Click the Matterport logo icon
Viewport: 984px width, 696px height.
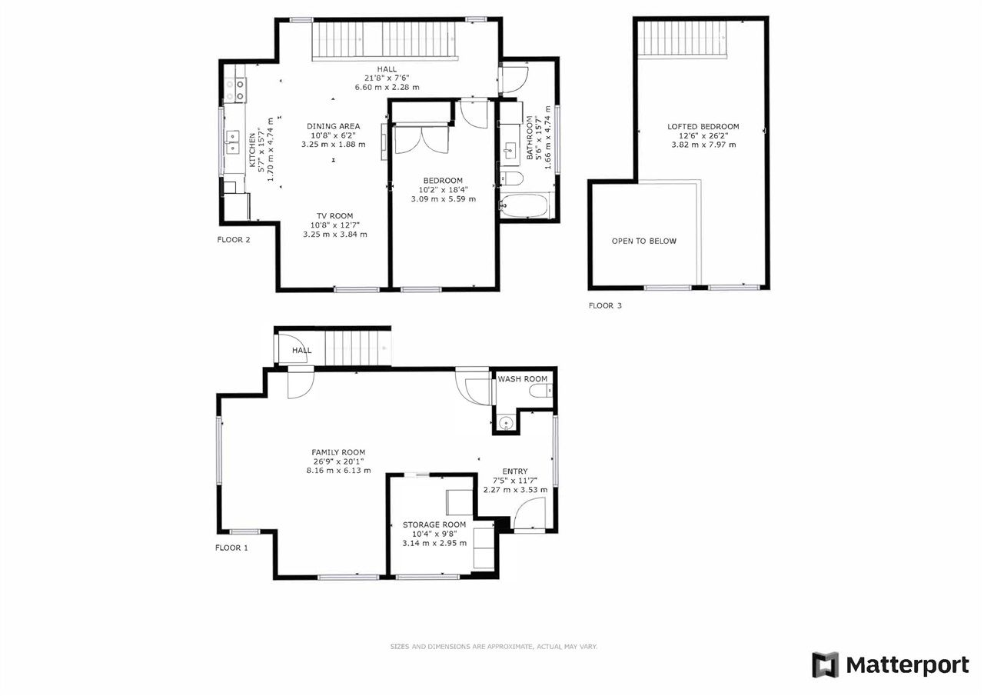825,664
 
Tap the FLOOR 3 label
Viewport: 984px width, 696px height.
605,306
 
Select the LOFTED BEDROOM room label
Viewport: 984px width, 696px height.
703,127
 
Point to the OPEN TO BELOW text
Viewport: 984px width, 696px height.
644,241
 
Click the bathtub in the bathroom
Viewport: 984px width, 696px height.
524,206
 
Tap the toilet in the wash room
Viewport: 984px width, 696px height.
540,390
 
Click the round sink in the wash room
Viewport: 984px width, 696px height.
506,424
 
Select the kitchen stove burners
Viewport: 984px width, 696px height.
235,89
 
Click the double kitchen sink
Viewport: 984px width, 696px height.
232,142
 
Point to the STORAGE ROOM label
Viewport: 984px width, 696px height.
434,524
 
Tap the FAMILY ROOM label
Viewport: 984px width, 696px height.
338,452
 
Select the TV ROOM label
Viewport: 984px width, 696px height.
334,216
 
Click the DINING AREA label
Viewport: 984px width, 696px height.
334,127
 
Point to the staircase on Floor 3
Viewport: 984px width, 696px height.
682,39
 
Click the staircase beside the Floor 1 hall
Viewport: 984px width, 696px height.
357,348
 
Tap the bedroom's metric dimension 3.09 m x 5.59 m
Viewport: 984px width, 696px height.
444,199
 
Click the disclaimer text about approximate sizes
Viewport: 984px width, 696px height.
494,646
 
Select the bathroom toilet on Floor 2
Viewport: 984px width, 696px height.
512,179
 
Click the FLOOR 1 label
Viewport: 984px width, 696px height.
231,548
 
